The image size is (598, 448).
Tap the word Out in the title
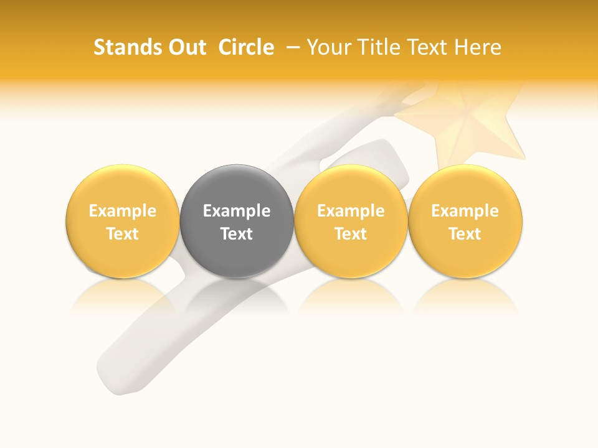[x=185, y=47]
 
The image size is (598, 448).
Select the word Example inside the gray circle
[x=237, y=211]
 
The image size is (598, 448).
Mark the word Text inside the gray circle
[x=237, y=234]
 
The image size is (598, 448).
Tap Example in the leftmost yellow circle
[x=123, y=211]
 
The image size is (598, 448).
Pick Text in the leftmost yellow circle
[x=123, y=234]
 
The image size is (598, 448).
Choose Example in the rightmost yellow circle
[x=465, y=211]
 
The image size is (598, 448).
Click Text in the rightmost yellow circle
[x=465, y=234]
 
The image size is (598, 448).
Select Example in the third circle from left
[x=351, y=211]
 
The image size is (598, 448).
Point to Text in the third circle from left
[x=351, y=234]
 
